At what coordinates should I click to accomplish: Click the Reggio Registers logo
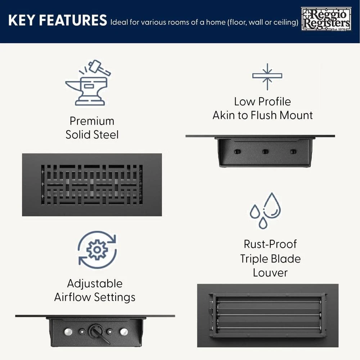click(x=326, y=19)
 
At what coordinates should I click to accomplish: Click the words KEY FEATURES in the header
click(x=57, y=20)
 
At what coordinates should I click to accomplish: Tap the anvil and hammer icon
click(x=88, y=83)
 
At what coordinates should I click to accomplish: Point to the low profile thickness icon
click(x=267, y=77)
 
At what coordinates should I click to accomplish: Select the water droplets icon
click(x=265, y=211)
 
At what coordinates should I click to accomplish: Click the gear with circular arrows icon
click(x=97, y=249)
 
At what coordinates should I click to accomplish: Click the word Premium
click(x=92, y=121)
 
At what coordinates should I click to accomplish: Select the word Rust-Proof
click(x=270, y=244)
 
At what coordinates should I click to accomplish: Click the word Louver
click(x=270, y=273)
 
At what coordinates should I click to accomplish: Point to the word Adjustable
click(x=95, y=284)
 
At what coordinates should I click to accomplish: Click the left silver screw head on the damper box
click(x=68, y=332)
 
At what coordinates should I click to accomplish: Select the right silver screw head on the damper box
click(x=124, y=332)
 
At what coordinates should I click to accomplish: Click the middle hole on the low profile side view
click(x=265, y=152)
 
